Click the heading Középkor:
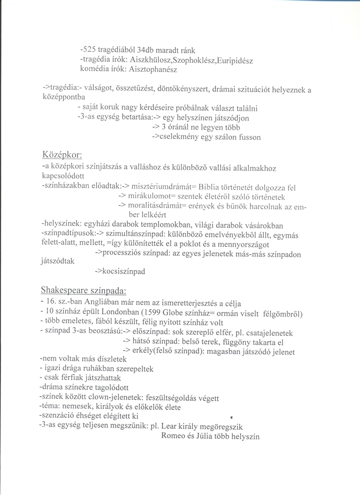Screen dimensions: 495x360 62,155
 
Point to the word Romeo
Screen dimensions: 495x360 172,437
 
